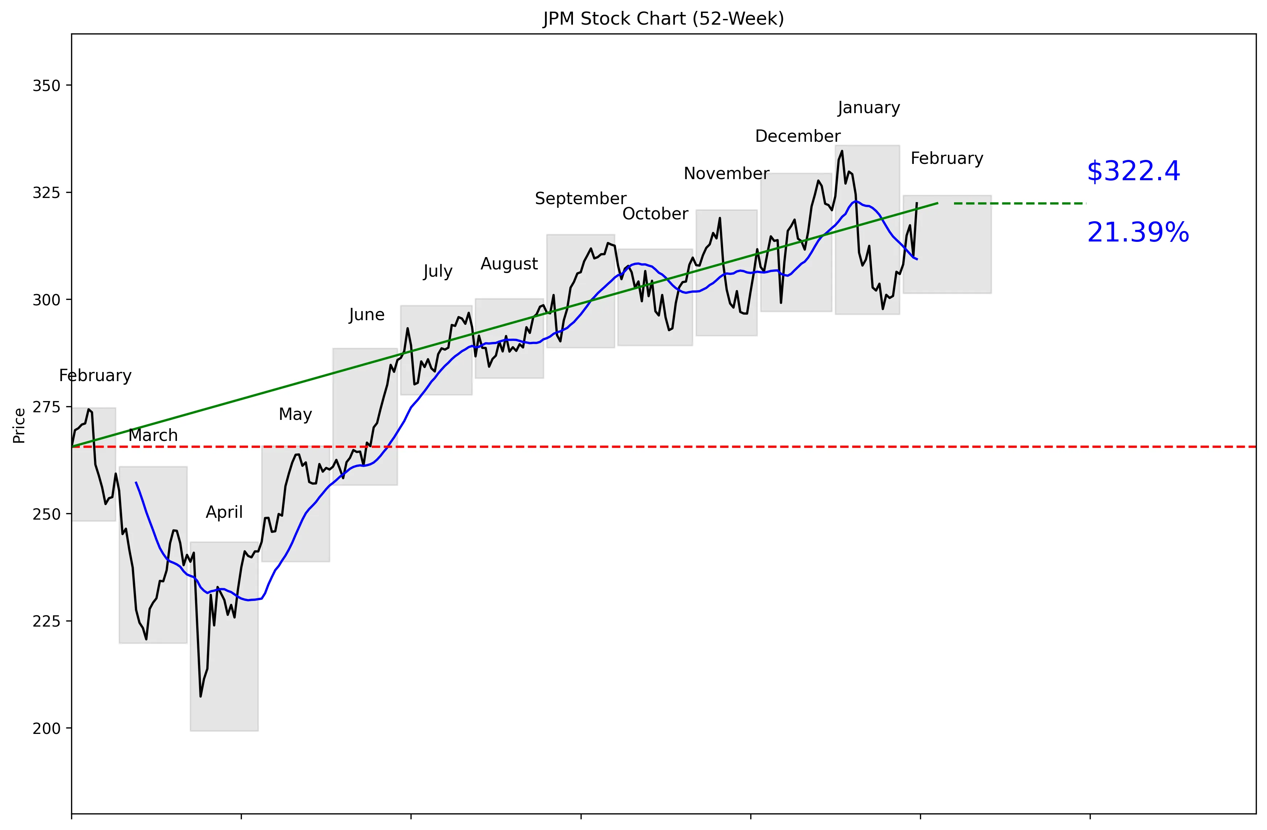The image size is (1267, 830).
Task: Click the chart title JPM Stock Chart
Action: pyautogui.click(x=663, y=18)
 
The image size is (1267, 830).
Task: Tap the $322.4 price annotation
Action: pyautogui.click(x=1133, y=172)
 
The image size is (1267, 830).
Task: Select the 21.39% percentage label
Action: pyautogui.click(x=1138, y=233)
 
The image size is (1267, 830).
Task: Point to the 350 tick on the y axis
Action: pyautogui.click(x=46, y=86)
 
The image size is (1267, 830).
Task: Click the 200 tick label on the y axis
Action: pyautogui.click(x=46, y=728)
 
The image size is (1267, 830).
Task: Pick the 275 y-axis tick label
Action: pyautogui.click(x=46, y=407)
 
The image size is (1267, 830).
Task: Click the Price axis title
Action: pyautogui.click(x=19, y=425)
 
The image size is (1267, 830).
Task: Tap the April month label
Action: pyautogui.click(x=224, y=512)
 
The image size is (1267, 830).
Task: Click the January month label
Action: pyautogui.click(x=868, y=108)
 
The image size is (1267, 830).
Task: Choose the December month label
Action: pyautogui.click(x=797, y=136)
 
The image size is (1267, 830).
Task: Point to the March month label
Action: pyautogui.click(x=153, y=435)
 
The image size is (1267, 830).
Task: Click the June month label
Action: pyautogui.click(x=366, y=315)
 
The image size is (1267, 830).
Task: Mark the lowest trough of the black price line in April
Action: pyautogui.click(x=201, y=696)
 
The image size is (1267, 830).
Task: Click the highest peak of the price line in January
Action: pyautogui.click(x=842, y=151)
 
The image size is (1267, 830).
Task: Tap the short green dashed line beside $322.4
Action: pyautogui.click(x=1019, y=203)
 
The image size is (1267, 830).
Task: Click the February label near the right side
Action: pyautogui.click(x=946, y=159)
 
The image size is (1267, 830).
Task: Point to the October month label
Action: pyautogui.click(x=655, y=214)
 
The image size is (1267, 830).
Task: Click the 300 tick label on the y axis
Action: pyautogui.click(x=46, y=300)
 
